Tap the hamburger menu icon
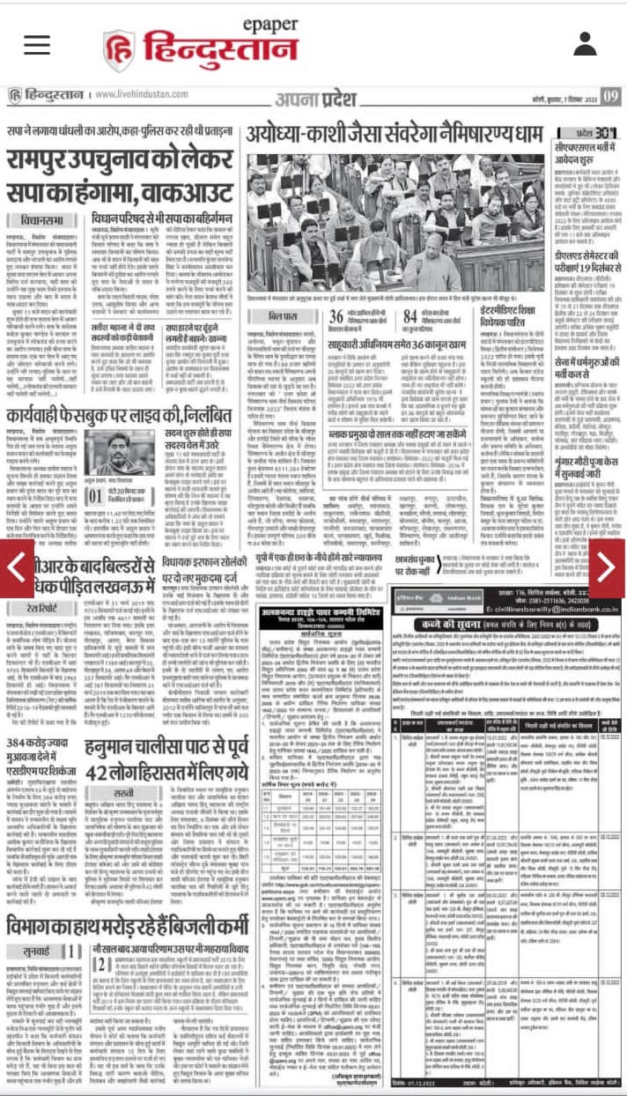click(37, 43)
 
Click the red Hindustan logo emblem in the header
click(118, 50)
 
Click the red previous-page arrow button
click(16, 568)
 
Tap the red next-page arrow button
click(609, 568)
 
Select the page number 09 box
click(610, 96)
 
